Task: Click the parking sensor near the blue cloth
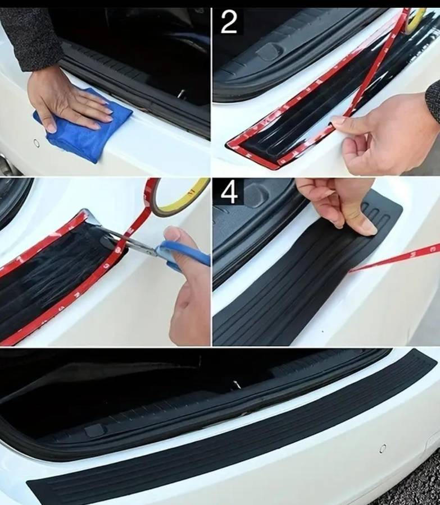click(37, 143)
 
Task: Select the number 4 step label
click(228, 192)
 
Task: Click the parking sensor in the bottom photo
click(383, 448)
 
